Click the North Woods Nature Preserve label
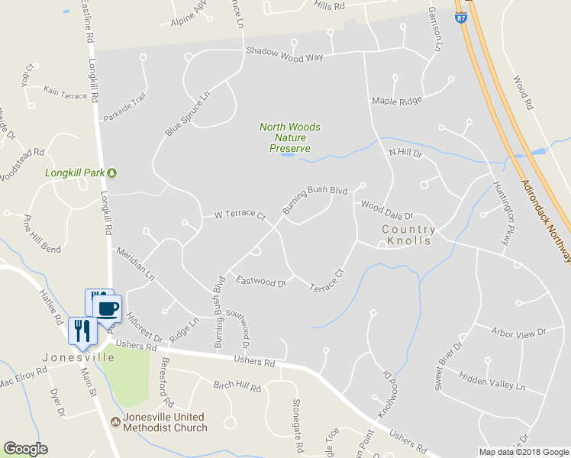289,137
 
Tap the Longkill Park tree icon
112,173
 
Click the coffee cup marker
107,308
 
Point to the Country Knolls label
408,235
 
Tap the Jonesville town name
78,357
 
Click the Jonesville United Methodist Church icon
115,420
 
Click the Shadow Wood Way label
284,57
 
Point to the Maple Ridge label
396,101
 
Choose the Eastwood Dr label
261,282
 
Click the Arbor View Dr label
519,332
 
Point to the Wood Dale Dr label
386,207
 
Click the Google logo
25,449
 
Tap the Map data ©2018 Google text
523,452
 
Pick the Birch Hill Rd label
237,387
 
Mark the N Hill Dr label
405,153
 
